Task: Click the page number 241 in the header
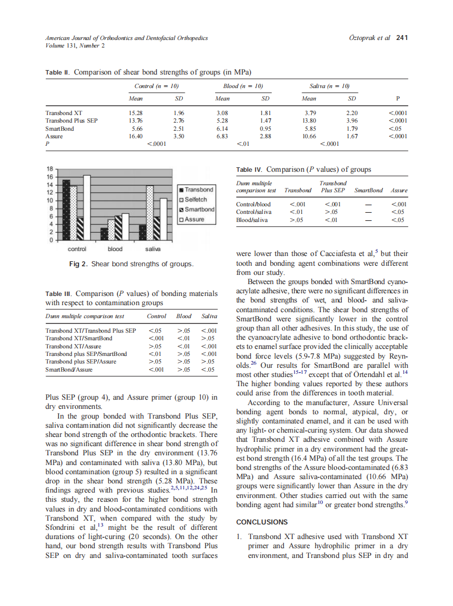pos(402,38)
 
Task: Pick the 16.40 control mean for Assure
pos(135,137)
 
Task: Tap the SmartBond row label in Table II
pos(60,129)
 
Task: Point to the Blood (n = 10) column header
pos(243,86)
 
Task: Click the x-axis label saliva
pos(153,249)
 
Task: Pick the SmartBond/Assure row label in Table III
pos(69,369)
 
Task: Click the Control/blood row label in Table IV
pos(254,204)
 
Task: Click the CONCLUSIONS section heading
pos(262,522)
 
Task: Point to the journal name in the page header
pos(126,38)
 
